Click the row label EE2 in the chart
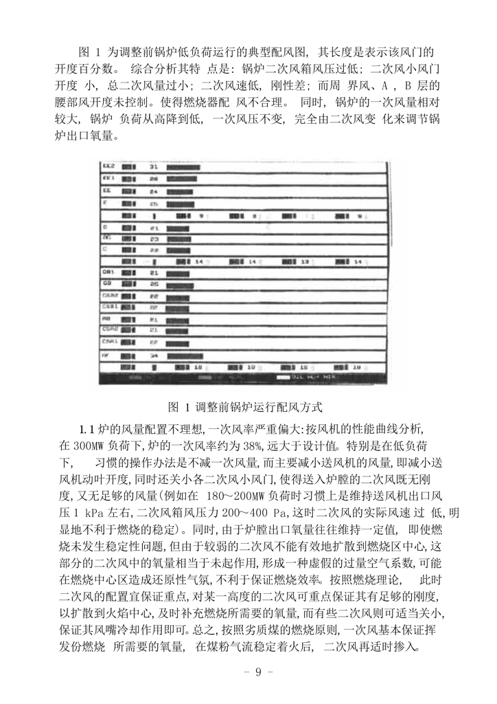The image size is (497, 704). click(x=108, y=166)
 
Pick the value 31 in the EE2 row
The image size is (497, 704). click(x=154, y=166)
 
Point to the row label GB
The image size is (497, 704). click(x=106, y=283)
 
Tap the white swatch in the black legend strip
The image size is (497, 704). click(x=281, y=377)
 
